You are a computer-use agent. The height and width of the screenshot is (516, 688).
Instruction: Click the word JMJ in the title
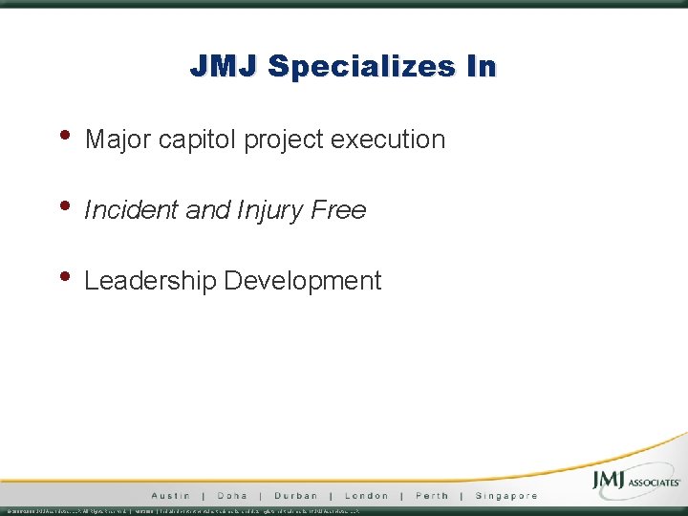point(225,66)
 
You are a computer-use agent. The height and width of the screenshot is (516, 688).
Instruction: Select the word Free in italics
point(338,210)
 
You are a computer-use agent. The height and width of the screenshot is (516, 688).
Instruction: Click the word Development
point(302,281)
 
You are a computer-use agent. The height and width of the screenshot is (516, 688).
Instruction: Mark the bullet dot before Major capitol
point(65,134)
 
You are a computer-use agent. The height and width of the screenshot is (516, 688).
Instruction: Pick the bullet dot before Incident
point(65,204)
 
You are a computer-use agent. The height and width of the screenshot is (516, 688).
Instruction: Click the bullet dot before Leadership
point(65,275)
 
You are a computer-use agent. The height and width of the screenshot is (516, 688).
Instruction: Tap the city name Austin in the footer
point(170,496)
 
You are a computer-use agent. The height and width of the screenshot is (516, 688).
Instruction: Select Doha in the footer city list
point(232,496)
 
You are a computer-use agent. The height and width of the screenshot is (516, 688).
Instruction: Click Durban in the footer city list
point(295,496)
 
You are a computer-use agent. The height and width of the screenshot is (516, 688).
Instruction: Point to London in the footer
point(366,496)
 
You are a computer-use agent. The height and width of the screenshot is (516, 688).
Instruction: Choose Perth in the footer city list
point(431,496)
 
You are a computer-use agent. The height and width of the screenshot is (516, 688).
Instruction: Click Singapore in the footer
point(505,496)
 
